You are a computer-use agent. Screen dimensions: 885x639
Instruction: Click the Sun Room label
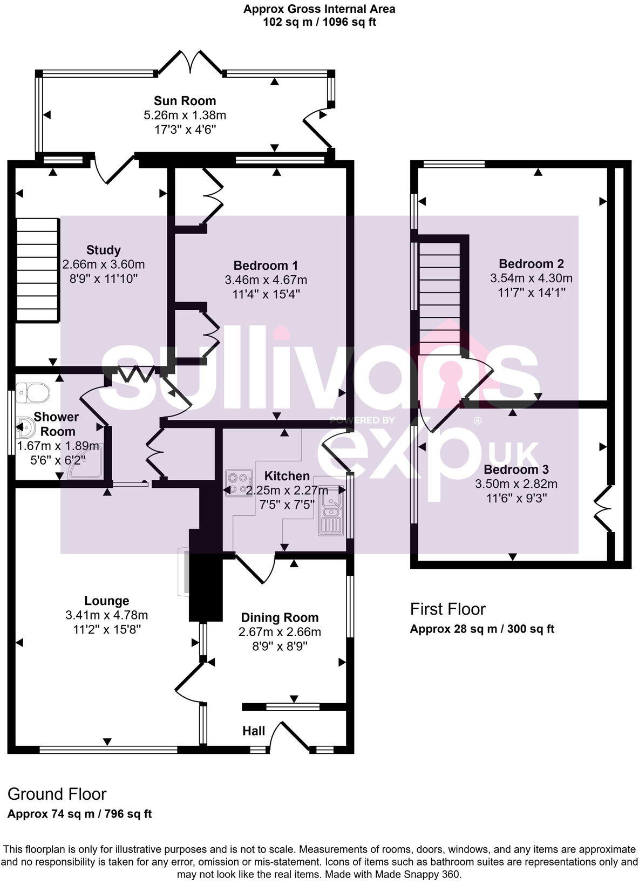(x=185, y=101)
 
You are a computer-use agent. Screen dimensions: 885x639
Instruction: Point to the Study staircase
(x=37, y=270)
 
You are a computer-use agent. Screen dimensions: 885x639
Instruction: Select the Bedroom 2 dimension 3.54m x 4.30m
(x=531, y=278)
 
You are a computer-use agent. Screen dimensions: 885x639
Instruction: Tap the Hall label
(x=253, y=731)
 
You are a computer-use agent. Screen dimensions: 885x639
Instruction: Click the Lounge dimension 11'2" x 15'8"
(x=106, y=629)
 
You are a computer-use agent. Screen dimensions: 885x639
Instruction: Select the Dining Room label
(x=280, y=617)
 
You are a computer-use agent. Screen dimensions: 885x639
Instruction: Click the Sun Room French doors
(x=190, y=62)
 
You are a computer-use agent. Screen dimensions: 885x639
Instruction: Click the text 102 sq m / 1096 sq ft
(x=319, y=22)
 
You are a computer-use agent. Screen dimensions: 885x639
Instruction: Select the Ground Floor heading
(x=57, y=794)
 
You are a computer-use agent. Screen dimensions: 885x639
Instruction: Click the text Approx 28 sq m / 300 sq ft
(x=482, y=629)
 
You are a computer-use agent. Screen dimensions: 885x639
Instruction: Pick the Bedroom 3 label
(x=516, y=469)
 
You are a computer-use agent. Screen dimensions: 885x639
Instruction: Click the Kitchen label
(x=287, y=476)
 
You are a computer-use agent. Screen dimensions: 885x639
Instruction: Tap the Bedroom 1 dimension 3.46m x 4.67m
(x=266, y=280)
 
